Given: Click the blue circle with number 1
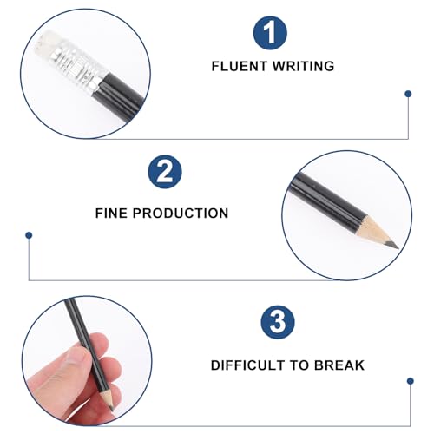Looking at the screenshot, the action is [x=270, y=33].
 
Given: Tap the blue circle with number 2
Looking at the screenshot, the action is [x=165, y=172].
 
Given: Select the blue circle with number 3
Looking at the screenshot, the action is [x=278, y=322].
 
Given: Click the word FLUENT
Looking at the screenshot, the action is [x=240, y=66].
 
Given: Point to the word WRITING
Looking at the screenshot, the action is [x=304, y=66].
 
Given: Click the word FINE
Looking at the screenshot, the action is [x=111, y=214].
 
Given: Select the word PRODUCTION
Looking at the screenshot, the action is [x=181, y=214].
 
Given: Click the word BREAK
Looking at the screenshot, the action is [x=339, y=365].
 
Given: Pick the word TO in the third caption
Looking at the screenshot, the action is [x=299, y=365].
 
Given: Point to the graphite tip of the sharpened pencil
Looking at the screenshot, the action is [x=393, y=245].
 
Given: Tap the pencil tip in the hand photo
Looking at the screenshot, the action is [x=112, y=409].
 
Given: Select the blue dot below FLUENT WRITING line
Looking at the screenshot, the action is [x=408, y=94].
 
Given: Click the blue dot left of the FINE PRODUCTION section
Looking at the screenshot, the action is [x=29, y=235].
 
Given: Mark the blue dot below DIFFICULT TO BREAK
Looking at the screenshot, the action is [x=410, y=381].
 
